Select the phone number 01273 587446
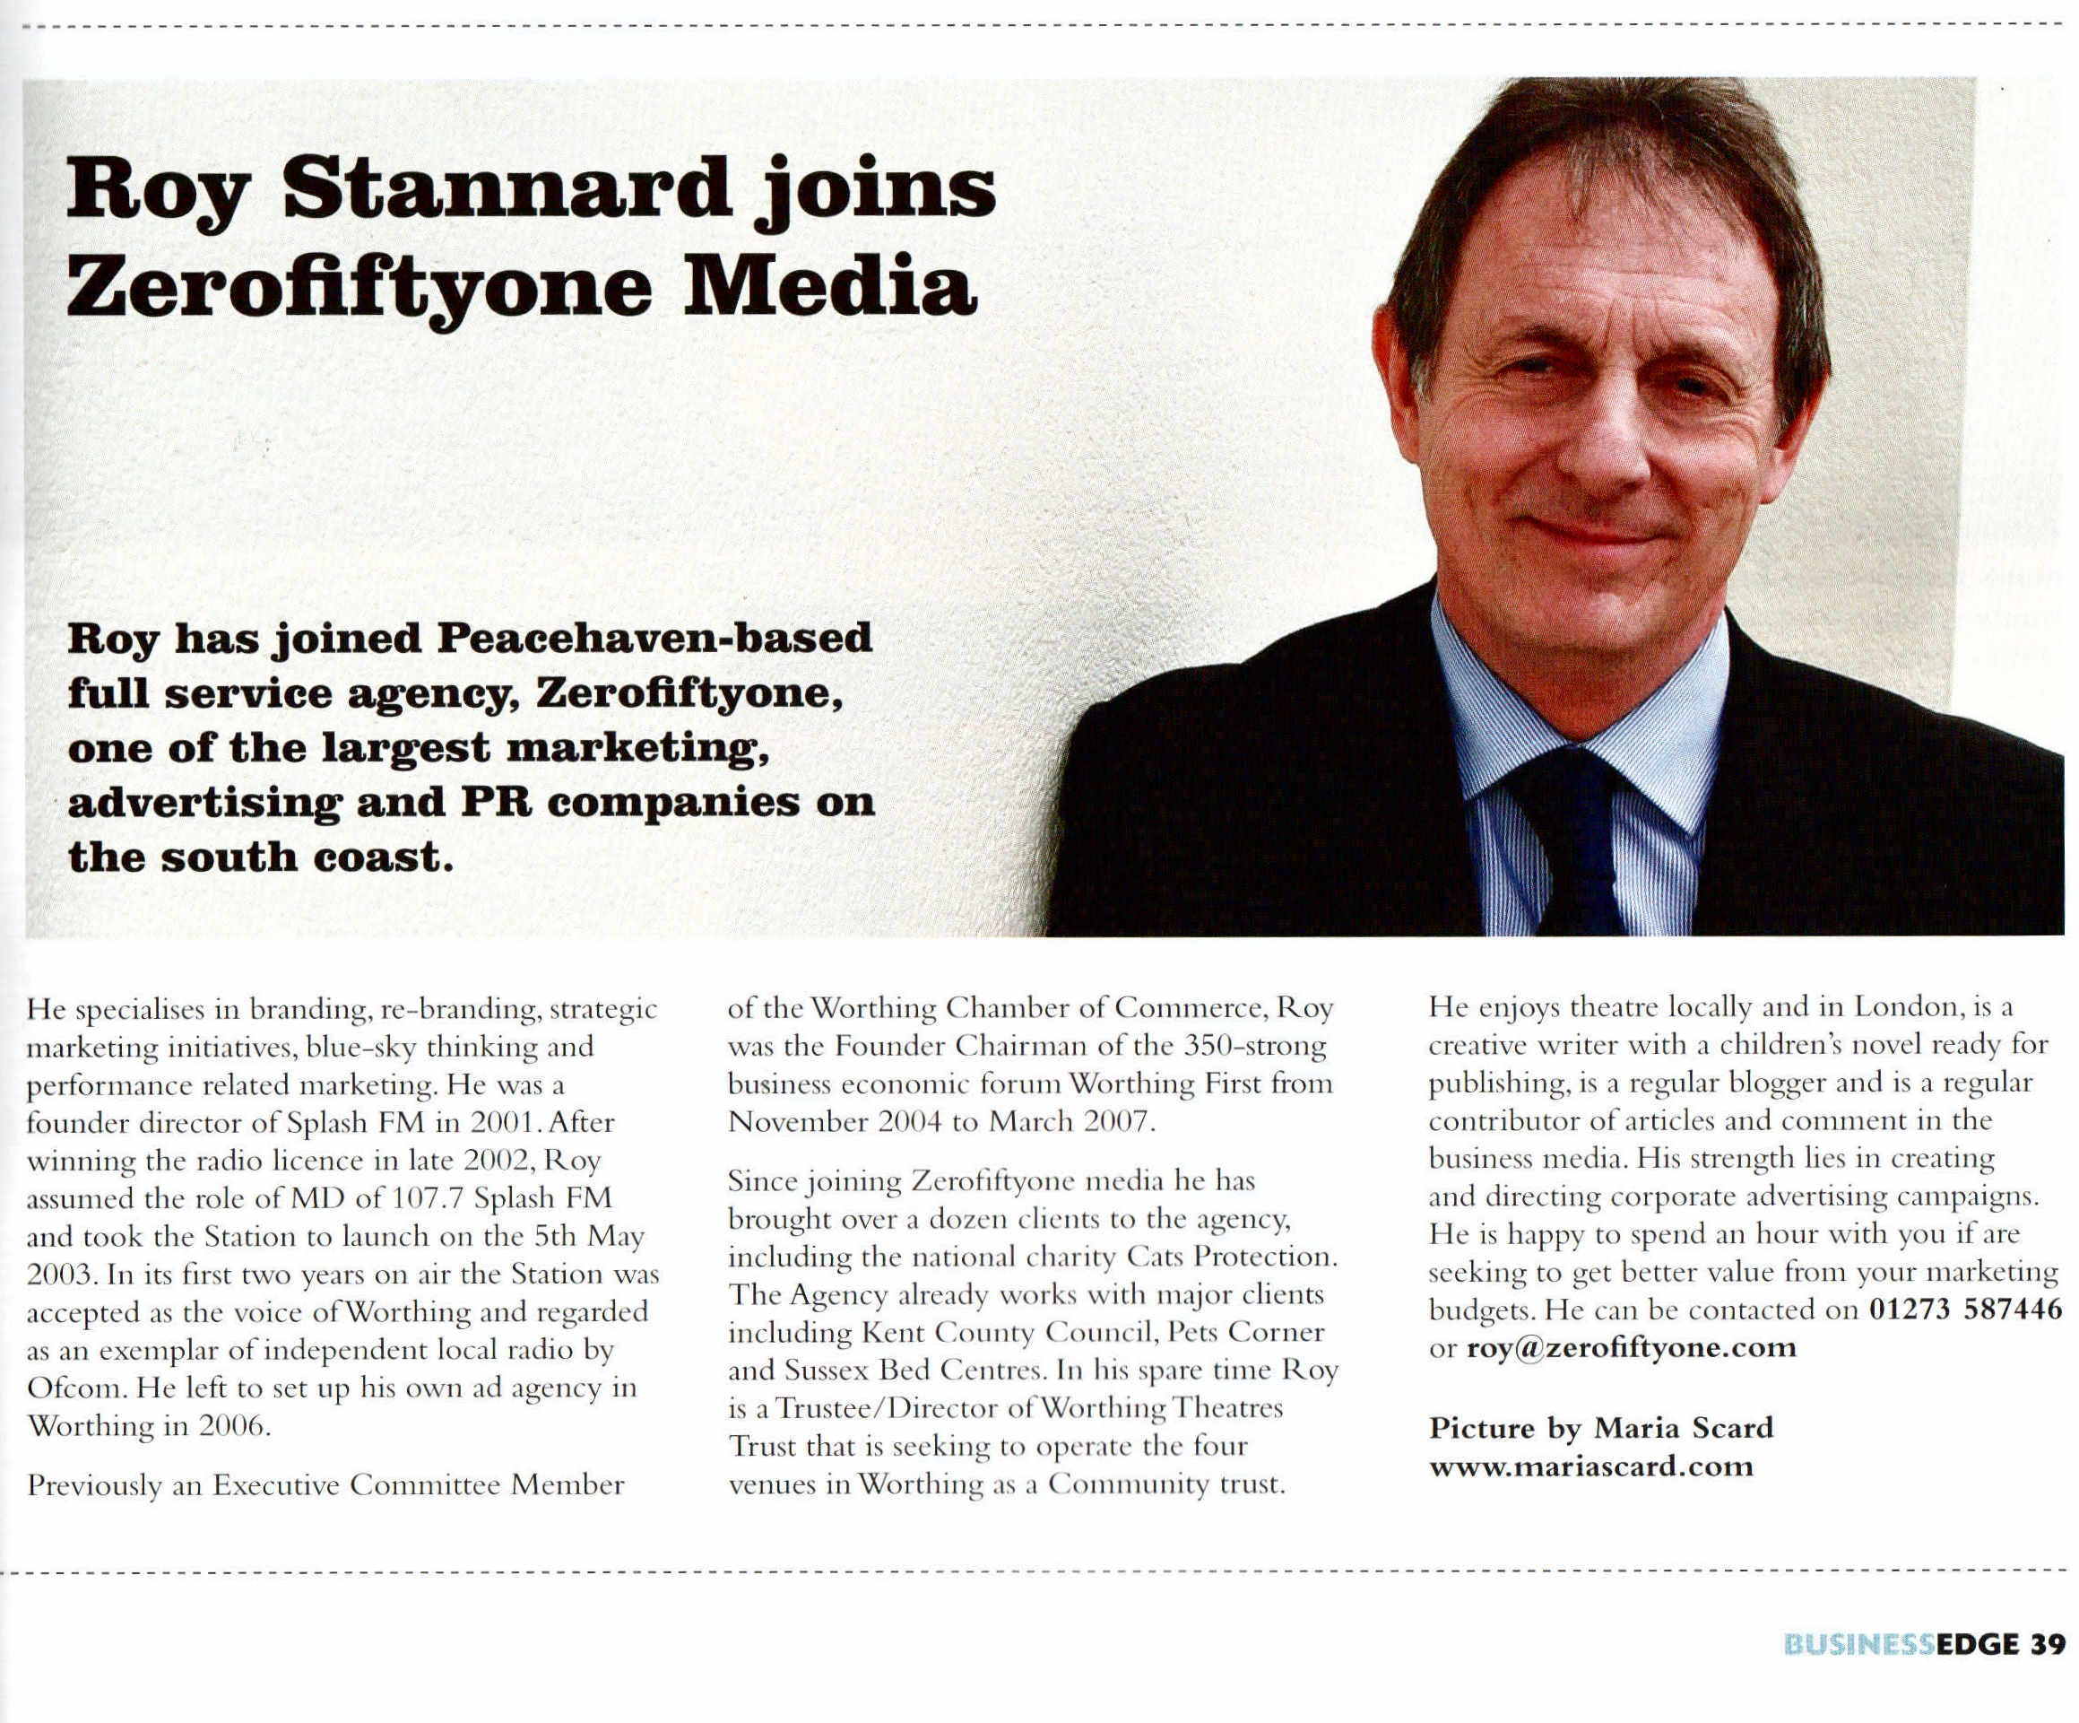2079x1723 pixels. (1965, 1310)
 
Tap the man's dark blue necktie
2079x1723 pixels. (1574, 841)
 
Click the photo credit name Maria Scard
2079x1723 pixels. (1683, 1428)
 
